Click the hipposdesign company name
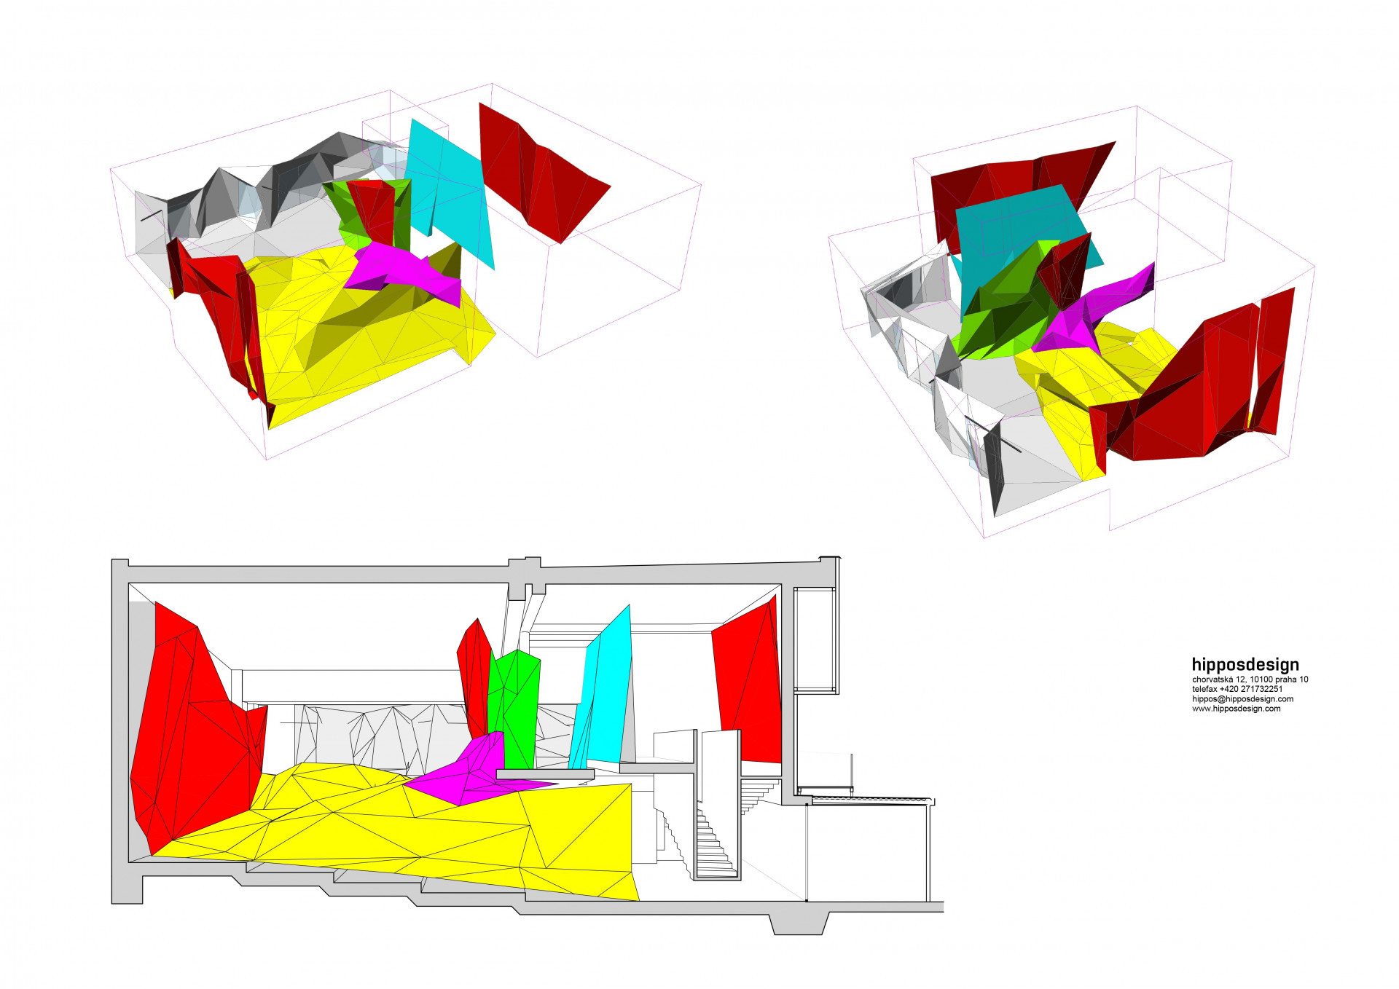pos(1245,664)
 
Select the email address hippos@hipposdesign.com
pos(1242,699)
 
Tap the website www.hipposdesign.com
pos(1236,709)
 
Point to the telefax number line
pos(1237,689)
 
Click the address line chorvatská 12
pos(1250,679)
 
